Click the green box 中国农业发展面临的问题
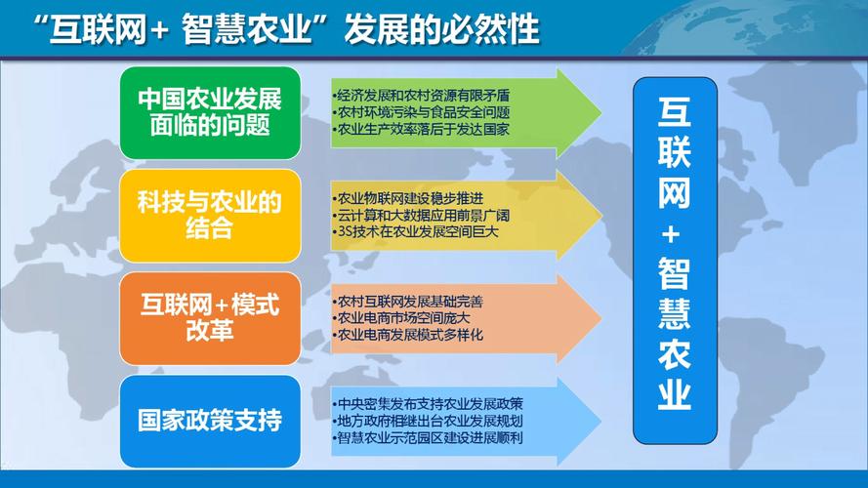[209, 113]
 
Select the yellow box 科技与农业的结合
[209, 215]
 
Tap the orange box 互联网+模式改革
[209, 318]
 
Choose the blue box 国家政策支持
[209, 421]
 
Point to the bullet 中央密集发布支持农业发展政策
[428, 404]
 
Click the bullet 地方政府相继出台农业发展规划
[428, 421]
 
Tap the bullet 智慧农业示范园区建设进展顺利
[428, 437]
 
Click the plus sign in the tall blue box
[674, 234]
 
